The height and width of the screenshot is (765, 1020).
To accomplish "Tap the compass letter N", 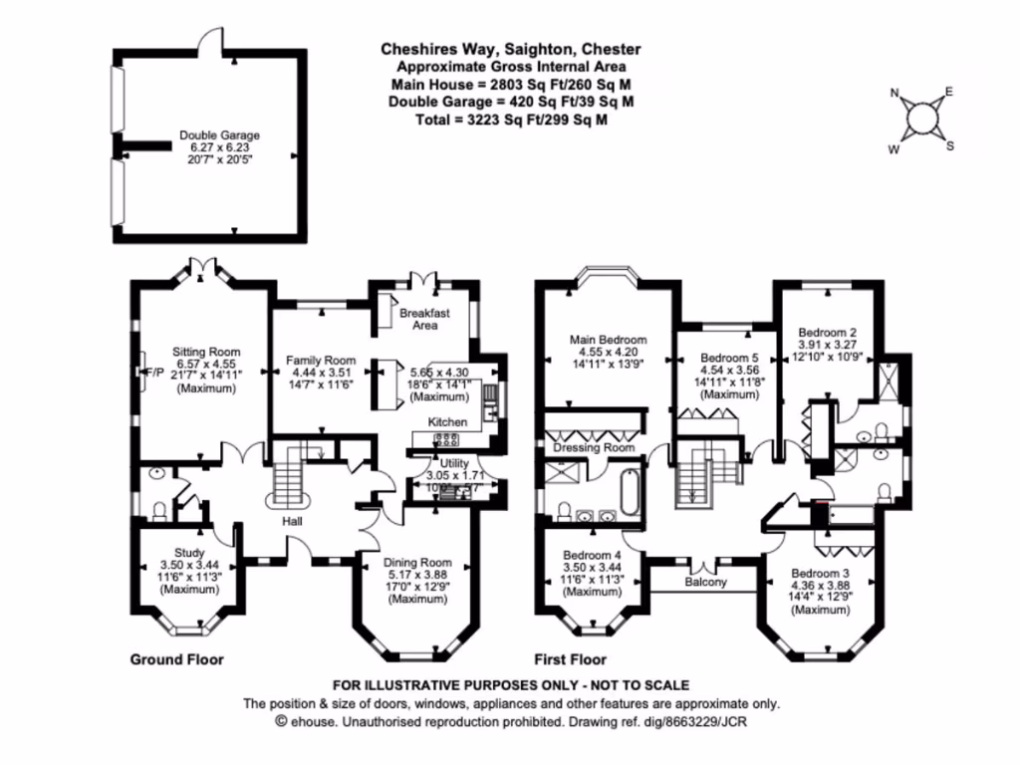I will [x=894, y=95].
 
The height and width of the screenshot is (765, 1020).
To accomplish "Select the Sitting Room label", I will [x=206, y=352].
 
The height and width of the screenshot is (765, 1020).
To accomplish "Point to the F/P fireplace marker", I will [x=142, y=372].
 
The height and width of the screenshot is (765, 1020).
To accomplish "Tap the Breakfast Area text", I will [x=425, y=319].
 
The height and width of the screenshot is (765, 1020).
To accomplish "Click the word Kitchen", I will [x=447, y=423].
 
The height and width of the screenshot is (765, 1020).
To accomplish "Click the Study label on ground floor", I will [x=189, y=553].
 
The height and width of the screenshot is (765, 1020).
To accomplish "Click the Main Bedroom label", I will [x=608, y=340].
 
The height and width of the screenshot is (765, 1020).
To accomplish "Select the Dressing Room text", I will [x=595, y=448].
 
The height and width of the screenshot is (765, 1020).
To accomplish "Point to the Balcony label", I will [x=705, y=582].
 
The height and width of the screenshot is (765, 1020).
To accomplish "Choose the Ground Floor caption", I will [x=177, y=659].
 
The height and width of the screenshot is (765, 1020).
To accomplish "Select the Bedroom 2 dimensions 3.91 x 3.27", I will [x=833, y=346].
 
